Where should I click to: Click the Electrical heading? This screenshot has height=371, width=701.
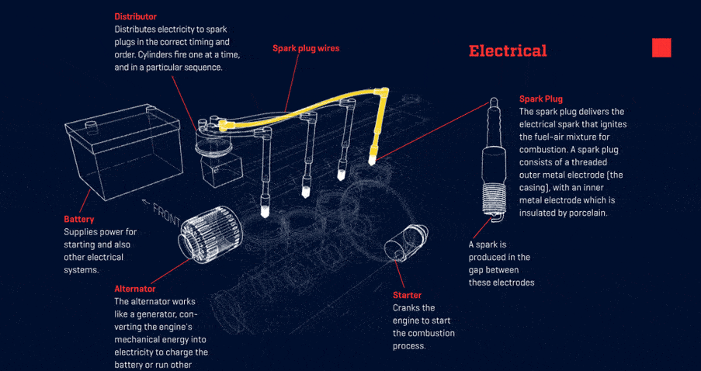pyautogui.click(x=508, y=51)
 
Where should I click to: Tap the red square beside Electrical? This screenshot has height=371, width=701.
pyautogui.click(x=661, y=47)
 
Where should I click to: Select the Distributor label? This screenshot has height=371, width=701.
pyautogui.click(x=135, y=16)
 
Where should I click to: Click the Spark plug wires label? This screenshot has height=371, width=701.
pyautogui.click(x=306, y=48)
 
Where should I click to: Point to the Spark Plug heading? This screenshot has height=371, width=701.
pyautogui.click(x=541, y=99)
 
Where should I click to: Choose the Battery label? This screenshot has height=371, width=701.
pyautogui.click(x=79, y=220)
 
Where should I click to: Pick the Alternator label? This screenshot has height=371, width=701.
pyautogui.click(x=135, y=289)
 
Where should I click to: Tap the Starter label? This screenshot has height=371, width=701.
pyautogui.click(x=407, y=295)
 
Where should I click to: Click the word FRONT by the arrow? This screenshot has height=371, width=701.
pyautogui.click(x=167, y=213)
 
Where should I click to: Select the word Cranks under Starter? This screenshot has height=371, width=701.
pyautogui.click(x=408, y=308)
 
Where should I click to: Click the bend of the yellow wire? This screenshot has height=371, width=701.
pyautogui.click(x=382, y=92)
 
